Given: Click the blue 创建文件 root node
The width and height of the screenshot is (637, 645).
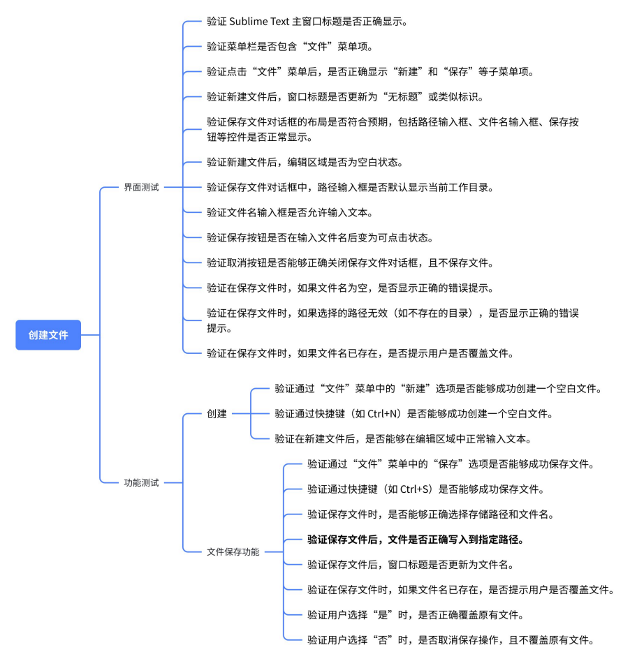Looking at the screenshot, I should pyautogui.click(x=48, y=335).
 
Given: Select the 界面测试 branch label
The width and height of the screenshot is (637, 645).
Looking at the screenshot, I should pyautogui.click(x=141, y=187).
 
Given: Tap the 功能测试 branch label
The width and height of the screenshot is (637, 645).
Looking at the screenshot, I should pyautogui.click(x=141, y=482).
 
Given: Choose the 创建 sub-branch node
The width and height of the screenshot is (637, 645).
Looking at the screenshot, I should pyautogui.click(x=217, y=413).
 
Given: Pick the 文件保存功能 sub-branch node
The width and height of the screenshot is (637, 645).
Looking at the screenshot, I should pyautogui.click(x=233, y=551).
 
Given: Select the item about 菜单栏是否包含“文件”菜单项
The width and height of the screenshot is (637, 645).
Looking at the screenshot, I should pyautogui.click(x=290, y=47).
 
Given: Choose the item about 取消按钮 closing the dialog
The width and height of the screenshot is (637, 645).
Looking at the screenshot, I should pyautogui.click(x=350, y=262).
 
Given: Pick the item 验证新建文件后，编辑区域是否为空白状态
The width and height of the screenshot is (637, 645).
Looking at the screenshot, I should pyautogui.click(x=305, y=162).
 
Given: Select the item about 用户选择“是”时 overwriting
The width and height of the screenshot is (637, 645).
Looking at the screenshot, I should pyautogui.click(x=415, y=615).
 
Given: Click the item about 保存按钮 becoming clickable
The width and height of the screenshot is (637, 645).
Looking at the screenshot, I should pyautogui.click(x=320, y=237).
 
